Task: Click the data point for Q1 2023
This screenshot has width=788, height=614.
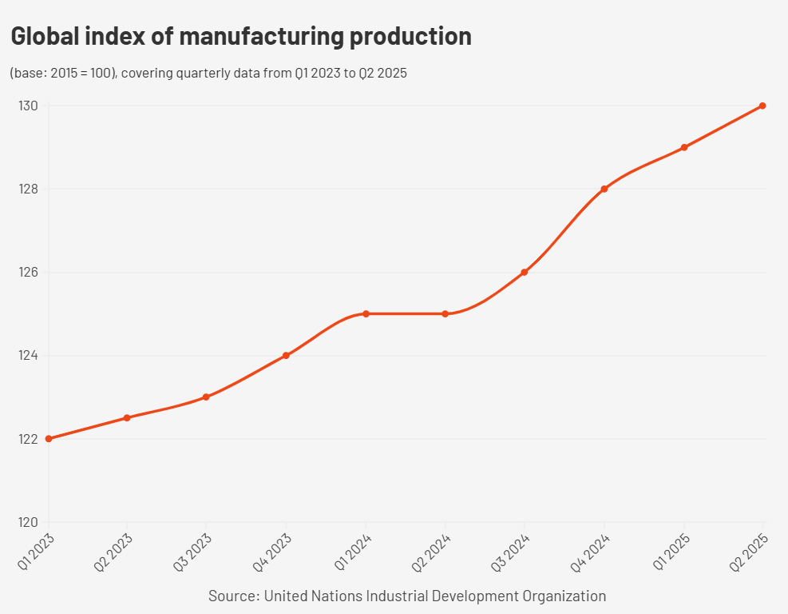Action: pyautogui.click(x=49, y=439)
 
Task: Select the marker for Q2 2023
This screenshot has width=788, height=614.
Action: pyautogui.click(x=127, y=417)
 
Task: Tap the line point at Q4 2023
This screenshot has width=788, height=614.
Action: pyautogui.click(x=286, y=355)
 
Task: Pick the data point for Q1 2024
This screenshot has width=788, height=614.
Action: pyautogui.click(x=366, y=313)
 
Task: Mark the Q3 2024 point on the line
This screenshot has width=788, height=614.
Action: pyautogui.click(x=525, y=272)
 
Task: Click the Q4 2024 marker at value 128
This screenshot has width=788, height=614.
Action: pyautogui.click(x=604, y=189)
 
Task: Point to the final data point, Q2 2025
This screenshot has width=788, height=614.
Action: pyautogui.click(x=762, y=106)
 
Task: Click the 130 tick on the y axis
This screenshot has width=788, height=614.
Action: pyautogui.click(x=29, y=106)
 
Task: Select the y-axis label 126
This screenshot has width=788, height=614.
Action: pyautogui.click(x=29, y=272)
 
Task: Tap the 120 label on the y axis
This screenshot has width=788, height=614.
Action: pyautogui.click(x=29, y=522)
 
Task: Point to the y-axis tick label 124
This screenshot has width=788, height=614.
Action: pyautogui.click(x=29, y=355)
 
